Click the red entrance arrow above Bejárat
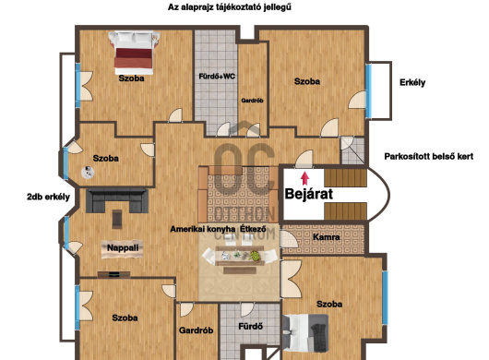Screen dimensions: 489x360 tap(305, 179)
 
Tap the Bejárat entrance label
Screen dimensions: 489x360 tap(309, 194)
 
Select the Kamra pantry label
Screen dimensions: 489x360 tap(326, 237)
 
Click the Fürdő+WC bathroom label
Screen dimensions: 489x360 tap(217, 77)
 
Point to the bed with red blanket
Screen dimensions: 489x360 tap(134, 53)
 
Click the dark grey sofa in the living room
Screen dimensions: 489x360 tap(117, 200)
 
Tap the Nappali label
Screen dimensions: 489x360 tap(123, 248)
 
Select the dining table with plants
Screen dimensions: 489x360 tap(240, 256)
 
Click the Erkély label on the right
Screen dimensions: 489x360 tap(412, 83)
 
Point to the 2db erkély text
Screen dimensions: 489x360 tap(48, 198)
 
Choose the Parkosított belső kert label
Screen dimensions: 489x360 tap(428, 156)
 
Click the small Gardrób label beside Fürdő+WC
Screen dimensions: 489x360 tap(252, 101)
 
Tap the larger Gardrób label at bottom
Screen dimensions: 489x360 tap(196, 330)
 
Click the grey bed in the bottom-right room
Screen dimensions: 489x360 tap(305, 332)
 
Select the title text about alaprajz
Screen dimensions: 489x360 tap(230, 7)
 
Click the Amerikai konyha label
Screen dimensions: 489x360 tap(202, 229)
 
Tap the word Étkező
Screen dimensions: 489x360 tap(253, 229)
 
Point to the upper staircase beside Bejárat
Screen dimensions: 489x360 tap(346, 177)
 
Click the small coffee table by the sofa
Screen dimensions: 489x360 tap(117, 219)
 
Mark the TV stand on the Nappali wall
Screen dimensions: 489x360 tap(113, 274)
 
